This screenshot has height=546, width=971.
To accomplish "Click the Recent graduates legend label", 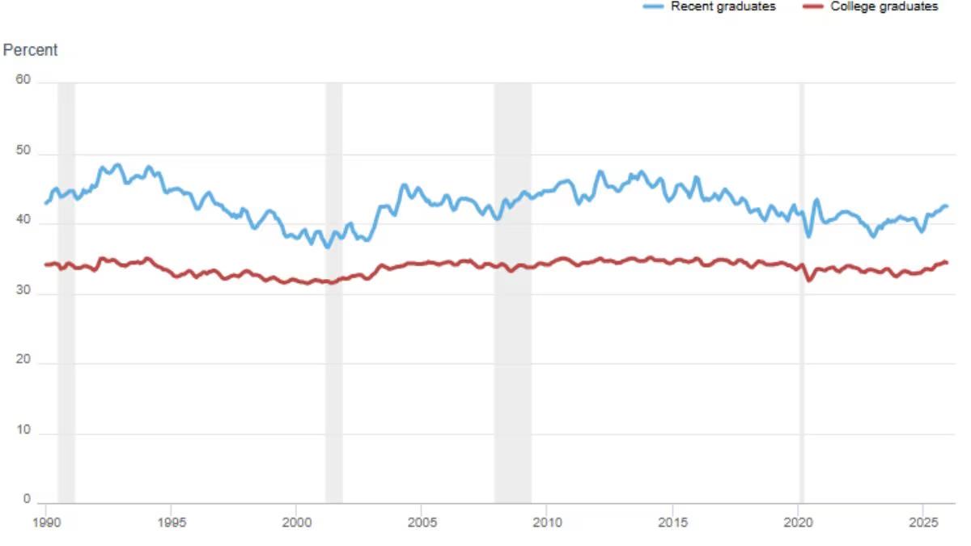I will pos(723,6).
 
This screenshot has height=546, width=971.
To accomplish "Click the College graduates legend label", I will pos(884,6).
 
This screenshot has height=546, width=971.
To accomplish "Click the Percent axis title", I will pos(31,50).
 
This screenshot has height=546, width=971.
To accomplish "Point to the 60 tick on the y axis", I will pos(23,80).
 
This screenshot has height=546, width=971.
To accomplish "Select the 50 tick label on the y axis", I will pos(23,151).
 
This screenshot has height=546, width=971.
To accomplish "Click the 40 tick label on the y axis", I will pos(23,221).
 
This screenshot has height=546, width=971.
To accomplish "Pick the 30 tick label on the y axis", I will pos(23,291).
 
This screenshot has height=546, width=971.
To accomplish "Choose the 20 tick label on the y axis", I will pos(23,361).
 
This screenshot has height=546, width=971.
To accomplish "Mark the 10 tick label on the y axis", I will pos(23,430).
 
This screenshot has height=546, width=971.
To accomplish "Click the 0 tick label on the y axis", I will pos(27,500).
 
